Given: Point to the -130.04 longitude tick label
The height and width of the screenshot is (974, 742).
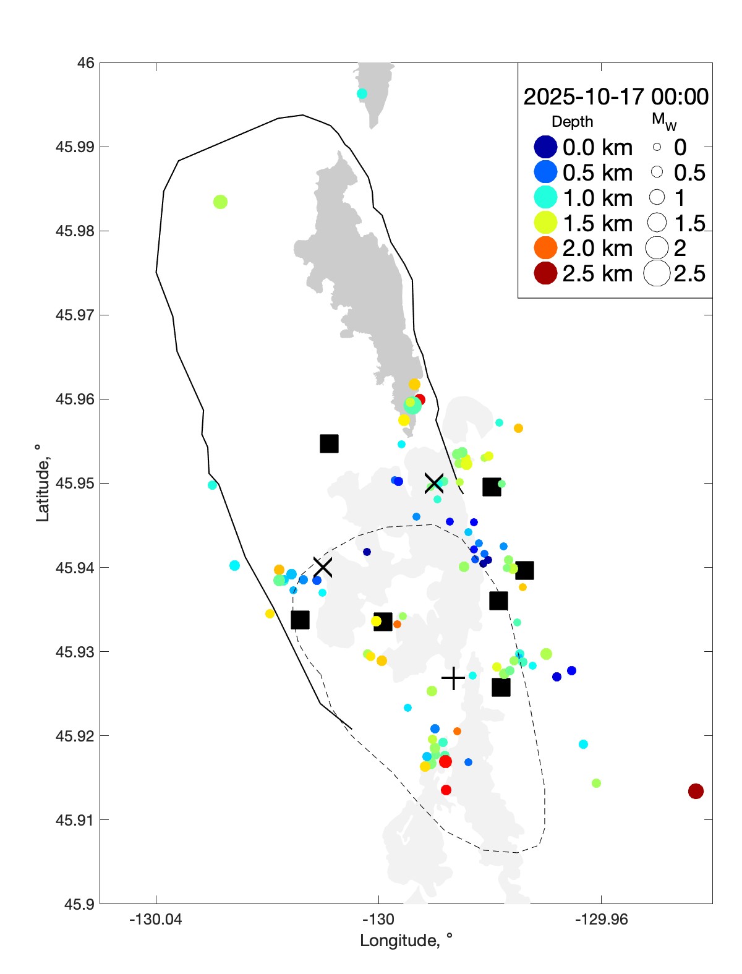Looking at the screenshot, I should click(x=155, y=920).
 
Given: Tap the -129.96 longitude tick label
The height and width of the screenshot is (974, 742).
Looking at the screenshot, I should click(x=600, y=920).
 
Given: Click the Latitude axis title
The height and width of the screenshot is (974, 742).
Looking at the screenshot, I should click(x=42, y=483).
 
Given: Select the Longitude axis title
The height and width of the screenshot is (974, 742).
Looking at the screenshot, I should click(x=406, y=941).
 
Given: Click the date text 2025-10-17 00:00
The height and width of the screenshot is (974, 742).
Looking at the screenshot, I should click(x=615, y=96).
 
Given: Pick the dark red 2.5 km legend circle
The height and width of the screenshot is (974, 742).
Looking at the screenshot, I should click(x=545, y=273).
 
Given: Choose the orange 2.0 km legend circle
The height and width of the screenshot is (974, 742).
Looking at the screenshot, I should click(x=545, y=248).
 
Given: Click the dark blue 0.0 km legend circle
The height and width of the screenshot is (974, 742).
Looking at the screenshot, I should click(x=545, y=147).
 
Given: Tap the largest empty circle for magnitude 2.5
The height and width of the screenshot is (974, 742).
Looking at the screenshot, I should click(x=657, y=273).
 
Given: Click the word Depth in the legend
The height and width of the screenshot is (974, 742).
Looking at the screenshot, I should click(x=572, y=122).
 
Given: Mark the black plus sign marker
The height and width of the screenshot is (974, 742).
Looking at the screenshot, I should click(x=453, y=678).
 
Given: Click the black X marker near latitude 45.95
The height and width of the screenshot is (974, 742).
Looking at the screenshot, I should click(x=434, y=483).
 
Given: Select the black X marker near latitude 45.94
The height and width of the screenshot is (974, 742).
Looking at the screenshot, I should click(x=322, y=566).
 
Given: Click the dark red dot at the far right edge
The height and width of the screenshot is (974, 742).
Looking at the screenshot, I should click(x=696, y=791).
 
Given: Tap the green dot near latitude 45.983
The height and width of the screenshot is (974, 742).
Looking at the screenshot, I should click(x=220, y=202).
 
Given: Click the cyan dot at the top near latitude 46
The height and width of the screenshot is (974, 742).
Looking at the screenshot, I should click(x=362, y=94).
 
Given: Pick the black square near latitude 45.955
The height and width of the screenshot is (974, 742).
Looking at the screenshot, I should click(x=329, y=443).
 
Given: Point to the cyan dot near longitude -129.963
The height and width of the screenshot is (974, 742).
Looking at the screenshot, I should click(x=583, y=744).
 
